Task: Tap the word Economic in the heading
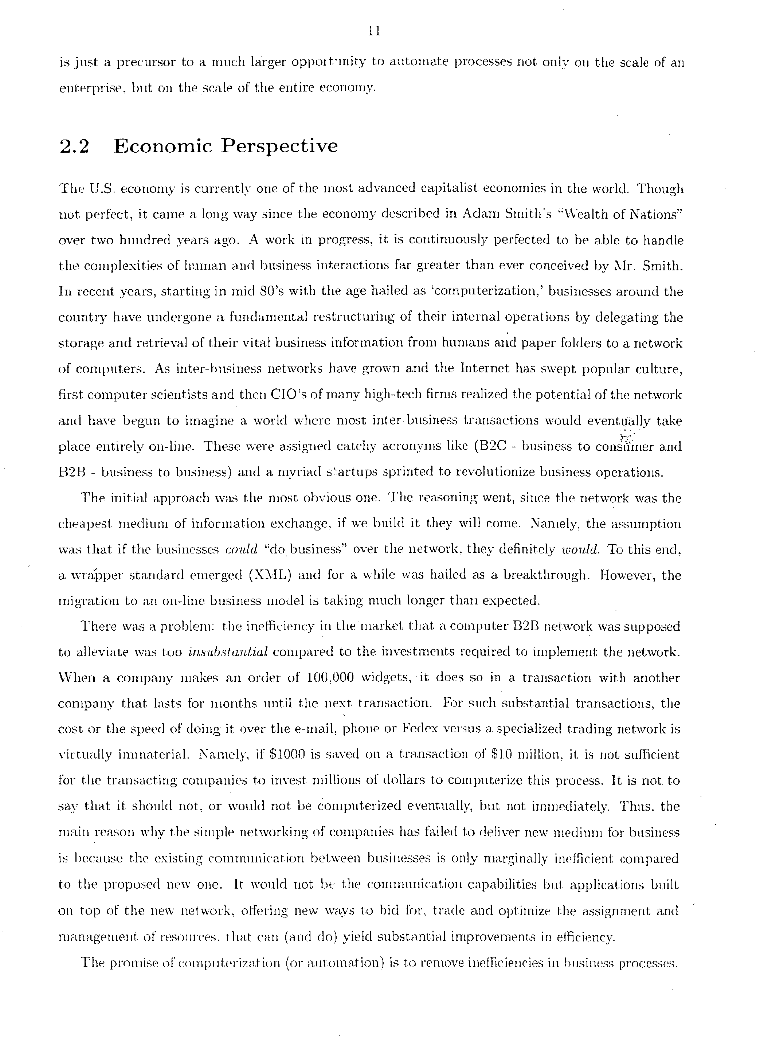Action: [x=163, y=146]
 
